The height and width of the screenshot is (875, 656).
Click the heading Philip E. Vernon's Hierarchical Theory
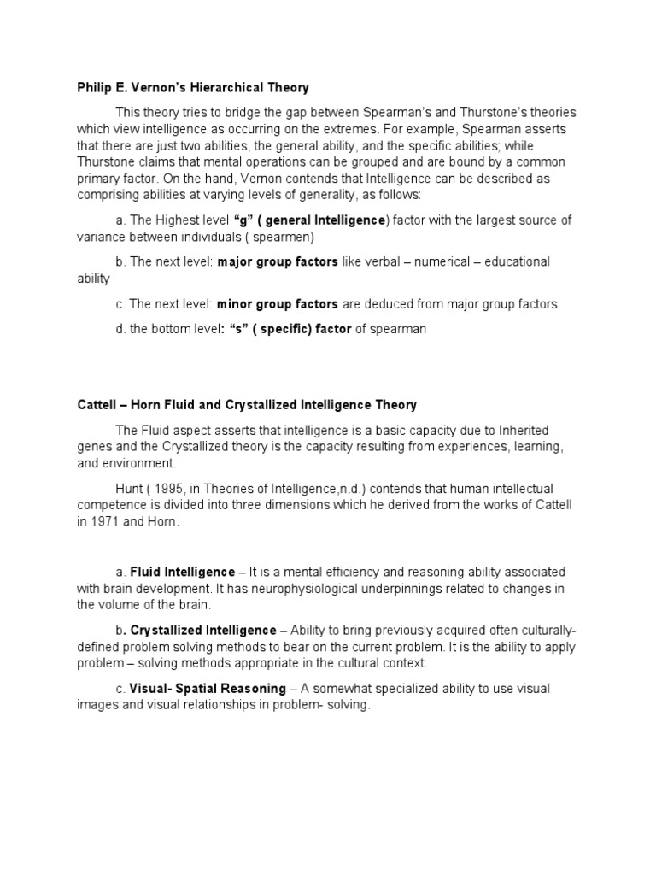[x=193, y=88]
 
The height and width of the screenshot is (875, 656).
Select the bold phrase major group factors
[x=278, y=261]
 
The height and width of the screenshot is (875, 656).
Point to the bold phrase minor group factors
[x=278, y=303]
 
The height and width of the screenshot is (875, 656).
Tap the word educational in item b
[x=517, y=261]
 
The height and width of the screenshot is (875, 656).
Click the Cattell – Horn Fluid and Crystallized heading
[x=247, y=404]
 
